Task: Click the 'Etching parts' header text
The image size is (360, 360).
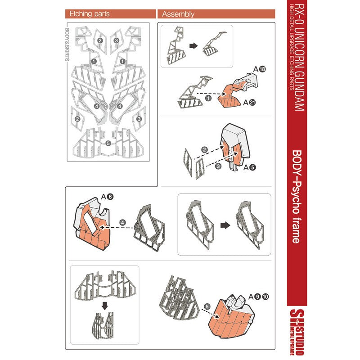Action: coord(89,14)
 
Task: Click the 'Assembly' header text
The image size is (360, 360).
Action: coord(178,14)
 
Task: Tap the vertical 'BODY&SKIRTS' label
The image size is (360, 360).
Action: coord(67,45)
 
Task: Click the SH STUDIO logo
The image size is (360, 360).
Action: coord(297,332)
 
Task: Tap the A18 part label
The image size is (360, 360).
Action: coord(260,69)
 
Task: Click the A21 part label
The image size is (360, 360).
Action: coord(250,103)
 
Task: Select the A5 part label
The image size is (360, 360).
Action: coord(250,167)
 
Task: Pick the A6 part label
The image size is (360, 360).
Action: coord(107,197)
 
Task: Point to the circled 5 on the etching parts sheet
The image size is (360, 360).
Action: coord(108,143)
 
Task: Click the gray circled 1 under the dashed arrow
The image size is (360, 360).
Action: coord(208,98)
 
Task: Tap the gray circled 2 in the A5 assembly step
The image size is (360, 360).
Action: coord(204,150)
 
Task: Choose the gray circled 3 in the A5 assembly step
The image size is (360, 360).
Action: coord(218,166)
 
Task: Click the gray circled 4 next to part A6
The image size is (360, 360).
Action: coord(122,222)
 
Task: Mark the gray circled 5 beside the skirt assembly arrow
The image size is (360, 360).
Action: coord(207,306)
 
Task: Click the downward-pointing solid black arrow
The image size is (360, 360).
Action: coord(105,306)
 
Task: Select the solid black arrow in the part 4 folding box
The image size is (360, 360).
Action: coord(225,225)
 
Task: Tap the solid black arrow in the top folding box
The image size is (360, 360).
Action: coord(193,46)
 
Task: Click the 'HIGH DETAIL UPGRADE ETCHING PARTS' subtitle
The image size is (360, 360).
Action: coord(291,47)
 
